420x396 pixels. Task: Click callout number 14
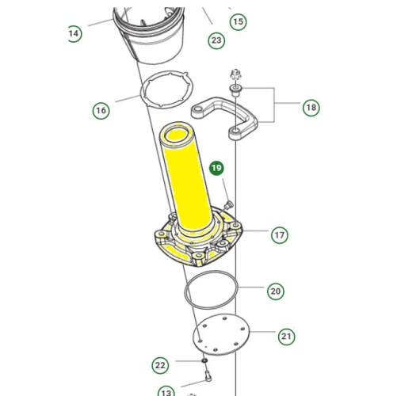74,33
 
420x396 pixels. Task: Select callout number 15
238,21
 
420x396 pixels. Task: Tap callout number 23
216,40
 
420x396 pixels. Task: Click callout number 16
101,110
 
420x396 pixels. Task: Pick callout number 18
311,107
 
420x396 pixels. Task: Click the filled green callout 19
216,168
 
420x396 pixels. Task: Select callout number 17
279,234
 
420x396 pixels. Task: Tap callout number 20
275,291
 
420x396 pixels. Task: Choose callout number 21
286,337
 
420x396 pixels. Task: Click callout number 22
160,365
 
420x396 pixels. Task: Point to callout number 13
166,392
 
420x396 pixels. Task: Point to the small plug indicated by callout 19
228,205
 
